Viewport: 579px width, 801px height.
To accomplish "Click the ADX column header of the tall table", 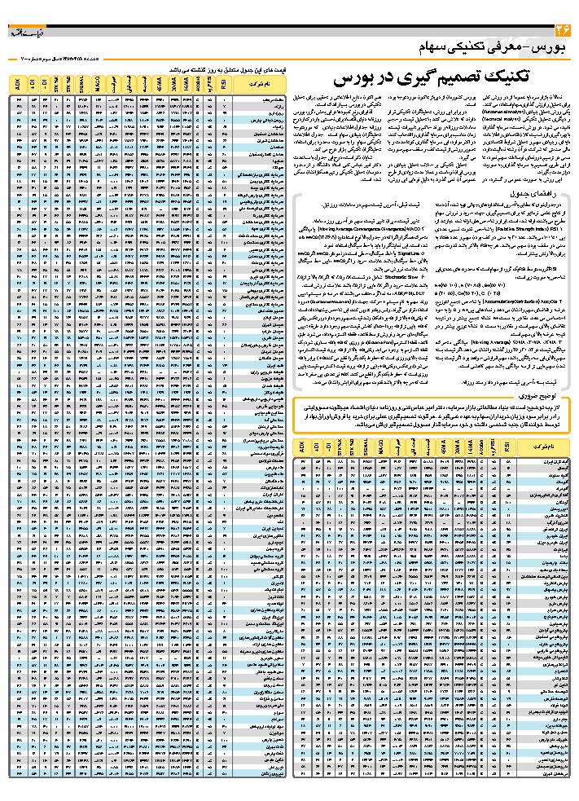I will point(19,85).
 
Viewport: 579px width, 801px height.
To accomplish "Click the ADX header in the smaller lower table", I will point(300,447).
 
